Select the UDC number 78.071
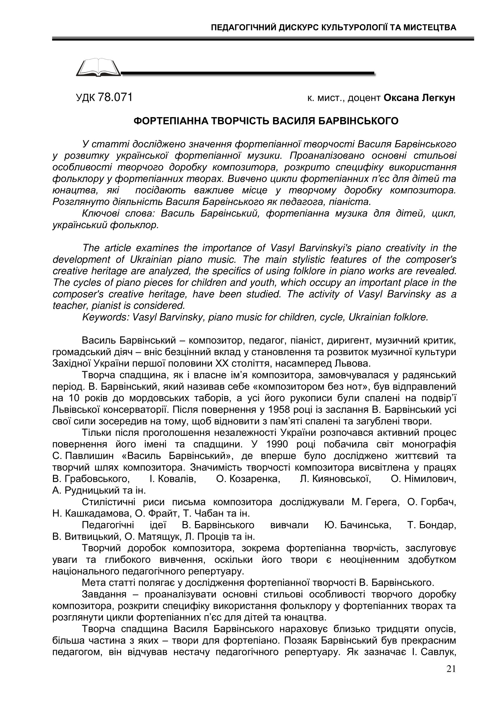115,98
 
